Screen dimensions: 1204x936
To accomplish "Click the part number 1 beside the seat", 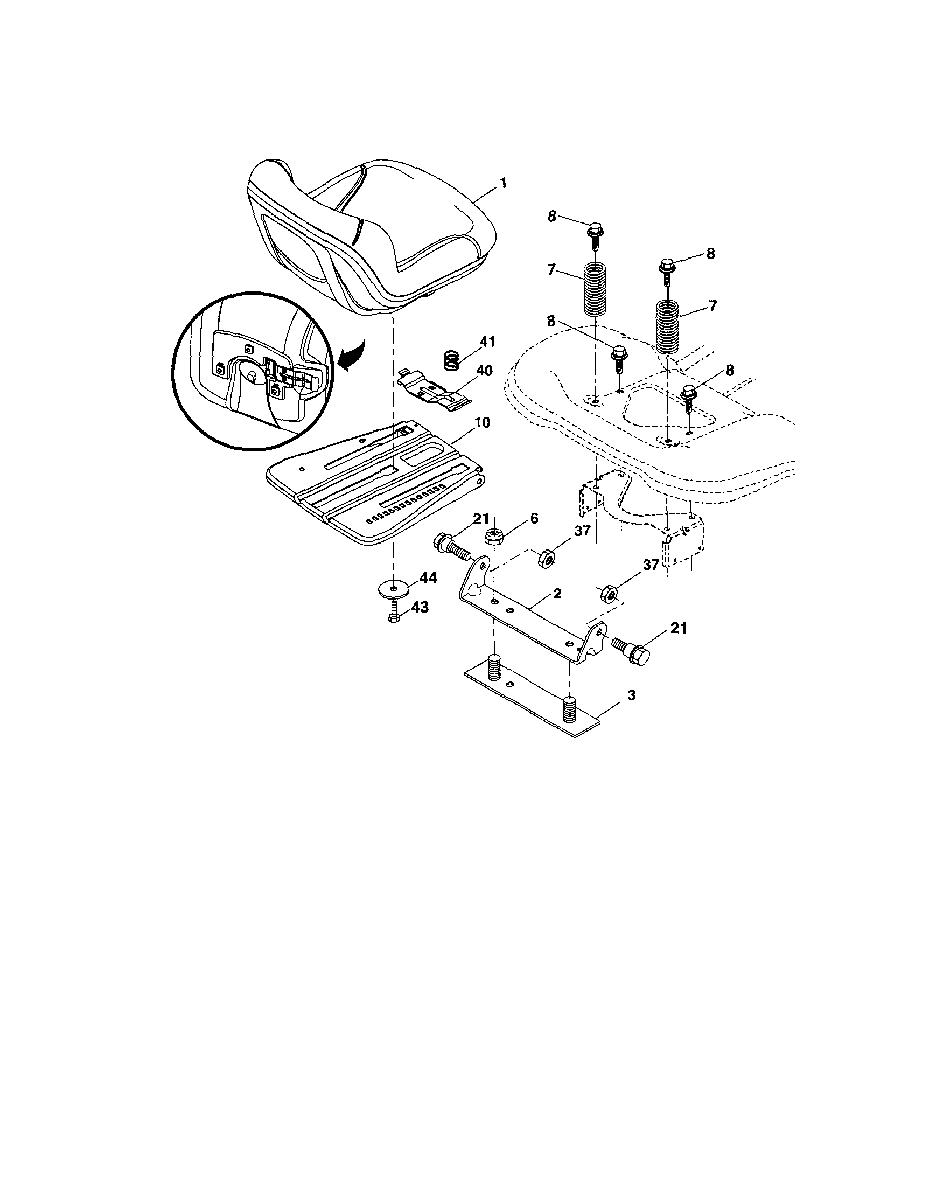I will pyautogui.click(x=502, y=183).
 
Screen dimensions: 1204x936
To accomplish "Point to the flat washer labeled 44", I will pyautogui.click(x=393, y=587).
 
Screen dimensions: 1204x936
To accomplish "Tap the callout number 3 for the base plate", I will pyautogui.click(x=631, y=695).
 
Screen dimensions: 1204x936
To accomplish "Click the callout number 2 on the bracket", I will pyautogui.click(x=557, y=594).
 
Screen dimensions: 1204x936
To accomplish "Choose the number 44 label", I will pyautogui.click(x=427, y=578).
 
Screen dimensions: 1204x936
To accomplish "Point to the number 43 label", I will pyautogui.click(x=419, y=608).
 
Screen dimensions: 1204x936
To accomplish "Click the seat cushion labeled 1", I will pyautogui.click(x=375, y=237).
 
